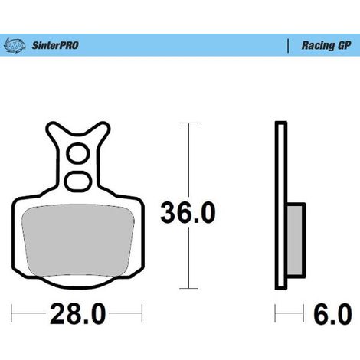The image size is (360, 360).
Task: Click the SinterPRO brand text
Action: point(55,45)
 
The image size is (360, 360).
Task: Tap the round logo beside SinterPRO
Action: point(15,45)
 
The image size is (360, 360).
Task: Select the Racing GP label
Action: point(326,45)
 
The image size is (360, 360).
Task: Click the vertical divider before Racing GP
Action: point(288,46)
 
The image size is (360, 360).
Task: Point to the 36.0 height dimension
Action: point(188,212)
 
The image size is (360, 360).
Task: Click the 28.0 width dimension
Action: point(77,314)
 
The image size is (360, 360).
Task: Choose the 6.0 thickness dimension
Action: point(332,314)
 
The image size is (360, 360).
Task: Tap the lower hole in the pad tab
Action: point(77,182)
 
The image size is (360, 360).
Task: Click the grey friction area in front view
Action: point(78,240)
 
